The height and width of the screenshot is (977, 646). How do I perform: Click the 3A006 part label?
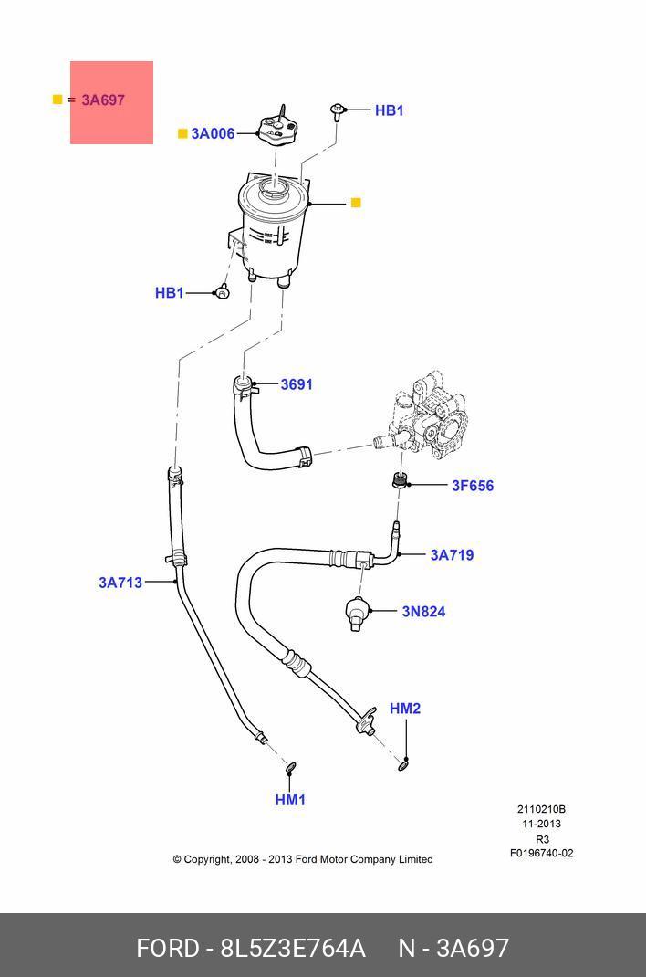pyautogui.click(x=213, y=133)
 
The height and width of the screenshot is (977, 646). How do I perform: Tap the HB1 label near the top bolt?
pyautogui.click(x=389, y=110)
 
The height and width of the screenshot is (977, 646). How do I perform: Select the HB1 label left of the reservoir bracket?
pyautogui.click(x=170, y=293)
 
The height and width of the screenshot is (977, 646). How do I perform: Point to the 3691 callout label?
pyautogui.click(x=297, y=384)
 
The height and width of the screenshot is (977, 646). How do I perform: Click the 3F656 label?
pyautogui.click(x=473, y=486)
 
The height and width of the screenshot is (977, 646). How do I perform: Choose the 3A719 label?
pyautogui.click(x=452, y=554)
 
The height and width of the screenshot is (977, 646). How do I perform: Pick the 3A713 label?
pyautogui.click(x=120, y=582)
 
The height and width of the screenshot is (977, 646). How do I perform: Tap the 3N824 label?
pyautogui.click(x=423, y=611)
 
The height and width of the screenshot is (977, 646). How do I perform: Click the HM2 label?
pyautogui.click(x=405, y=709)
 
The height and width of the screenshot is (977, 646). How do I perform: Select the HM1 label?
pyautogui.click(x=290, y=800)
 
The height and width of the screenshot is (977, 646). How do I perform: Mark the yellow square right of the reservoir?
pyautogui.click(x=356, y=203)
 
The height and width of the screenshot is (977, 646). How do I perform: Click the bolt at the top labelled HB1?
pyautogui.click(x=338, y=111)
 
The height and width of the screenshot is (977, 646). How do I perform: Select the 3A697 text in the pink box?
pyautogui.click(x=103, y=100)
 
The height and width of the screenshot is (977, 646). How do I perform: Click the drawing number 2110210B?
pyautogui.click(x=541, y=809)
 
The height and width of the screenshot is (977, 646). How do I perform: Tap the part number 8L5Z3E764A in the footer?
pyautogui.click(x=292, y=949)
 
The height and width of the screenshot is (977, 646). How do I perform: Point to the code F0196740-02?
pyautogui.click(x=541, y=854)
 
